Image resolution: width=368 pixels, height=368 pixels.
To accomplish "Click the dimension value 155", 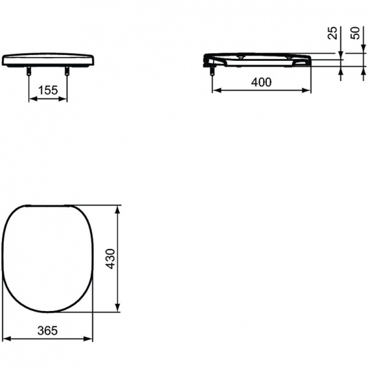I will tap(48, 91).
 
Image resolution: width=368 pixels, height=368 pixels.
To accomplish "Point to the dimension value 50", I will tap(355, 33).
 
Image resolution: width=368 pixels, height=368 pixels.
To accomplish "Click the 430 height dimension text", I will tap(109, 258).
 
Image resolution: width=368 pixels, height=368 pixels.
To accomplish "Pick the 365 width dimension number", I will tap(47, 330).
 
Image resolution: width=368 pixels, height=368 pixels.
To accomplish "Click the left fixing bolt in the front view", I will tap(29, 73).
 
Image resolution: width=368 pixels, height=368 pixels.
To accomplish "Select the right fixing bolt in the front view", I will tap(67, 73).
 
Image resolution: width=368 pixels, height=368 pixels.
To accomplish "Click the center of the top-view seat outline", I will tap(49, 258).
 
